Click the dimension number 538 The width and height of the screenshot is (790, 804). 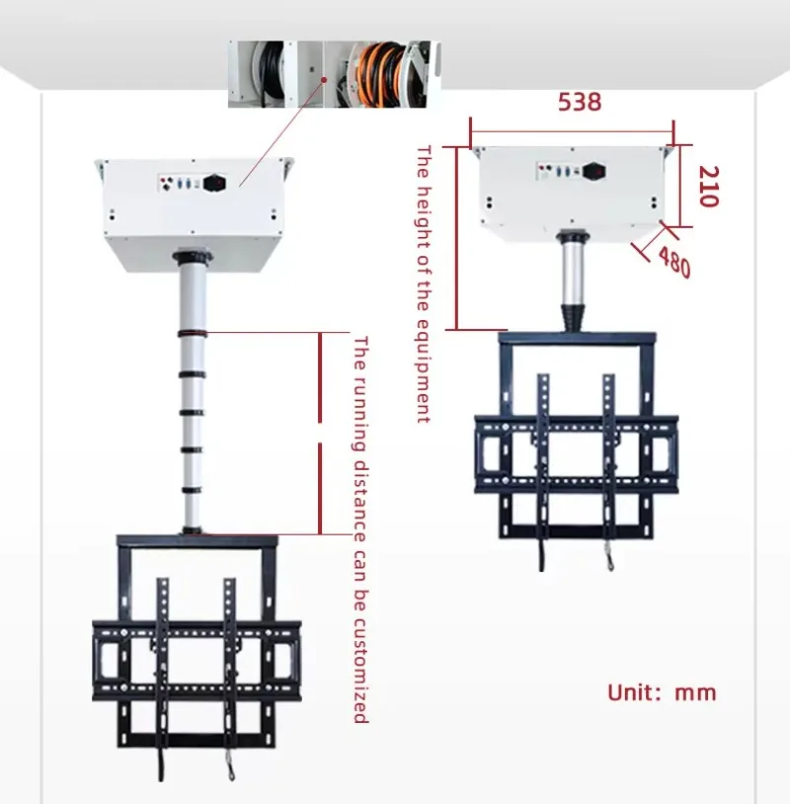(580, 102)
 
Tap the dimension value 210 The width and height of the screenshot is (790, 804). (709, 186)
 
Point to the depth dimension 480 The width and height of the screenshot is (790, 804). (674, 262)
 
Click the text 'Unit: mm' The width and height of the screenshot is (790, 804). (662, 692)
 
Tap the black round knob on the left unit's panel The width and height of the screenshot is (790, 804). (214, 183)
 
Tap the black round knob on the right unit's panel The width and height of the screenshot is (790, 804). (593, 171)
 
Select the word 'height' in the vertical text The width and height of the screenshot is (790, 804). (423, 215)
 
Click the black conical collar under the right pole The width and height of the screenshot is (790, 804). (574, 318)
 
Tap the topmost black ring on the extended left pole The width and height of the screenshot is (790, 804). (193, 334)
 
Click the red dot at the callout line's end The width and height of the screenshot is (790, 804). (324, 79)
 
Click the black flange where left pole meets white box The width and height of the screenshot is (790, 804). (193, 256)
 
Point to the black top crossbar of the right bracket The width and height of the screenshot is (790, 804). (578, 339)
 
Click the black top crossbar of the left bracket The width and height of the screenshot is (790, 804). (197, 541)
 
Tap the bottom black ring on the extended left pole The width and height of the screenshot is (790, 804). (192, 530)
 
